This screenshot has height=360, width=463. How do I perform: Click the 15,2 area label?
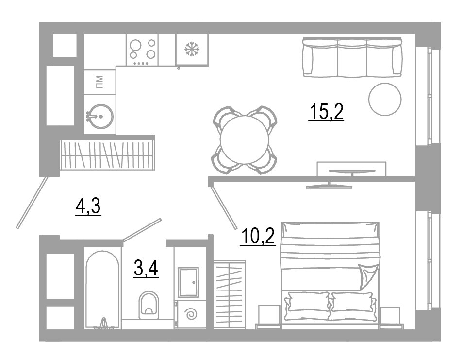[326, 112]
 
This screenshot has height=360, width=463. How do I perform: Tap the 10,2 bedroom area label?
[258, 237]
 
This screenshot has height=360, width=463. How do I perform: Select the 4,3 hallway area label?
[88, 206]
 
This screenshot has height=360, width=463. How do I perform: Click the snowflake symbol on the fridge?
[192, 49]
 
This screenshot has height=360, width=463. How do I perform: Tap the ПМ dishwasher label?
[99, 82]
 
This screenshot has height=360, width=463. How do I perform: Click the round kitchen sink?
[100, 116]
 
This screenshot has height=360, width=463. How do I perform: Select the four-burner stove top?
[142, 50]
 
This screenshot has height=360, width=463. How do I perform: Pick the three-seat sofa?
[352, 57]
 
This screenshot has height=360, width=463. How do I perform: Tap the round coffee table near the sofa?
[385, 99]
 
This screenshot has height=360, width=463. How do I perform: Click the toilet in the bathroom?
[149, 305]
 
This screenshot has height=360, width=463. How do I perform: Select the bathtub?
[102, 290]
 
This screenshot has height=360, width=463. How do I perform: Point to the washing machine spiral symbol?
[190, 313]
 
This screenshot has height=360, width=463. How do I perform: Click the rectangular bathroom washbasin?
[188, 282]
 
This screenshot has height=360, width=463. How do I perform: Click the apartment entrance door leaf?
[32, 203]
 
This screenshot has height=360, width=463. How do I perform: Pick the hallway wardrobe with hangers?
[107, 155]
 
